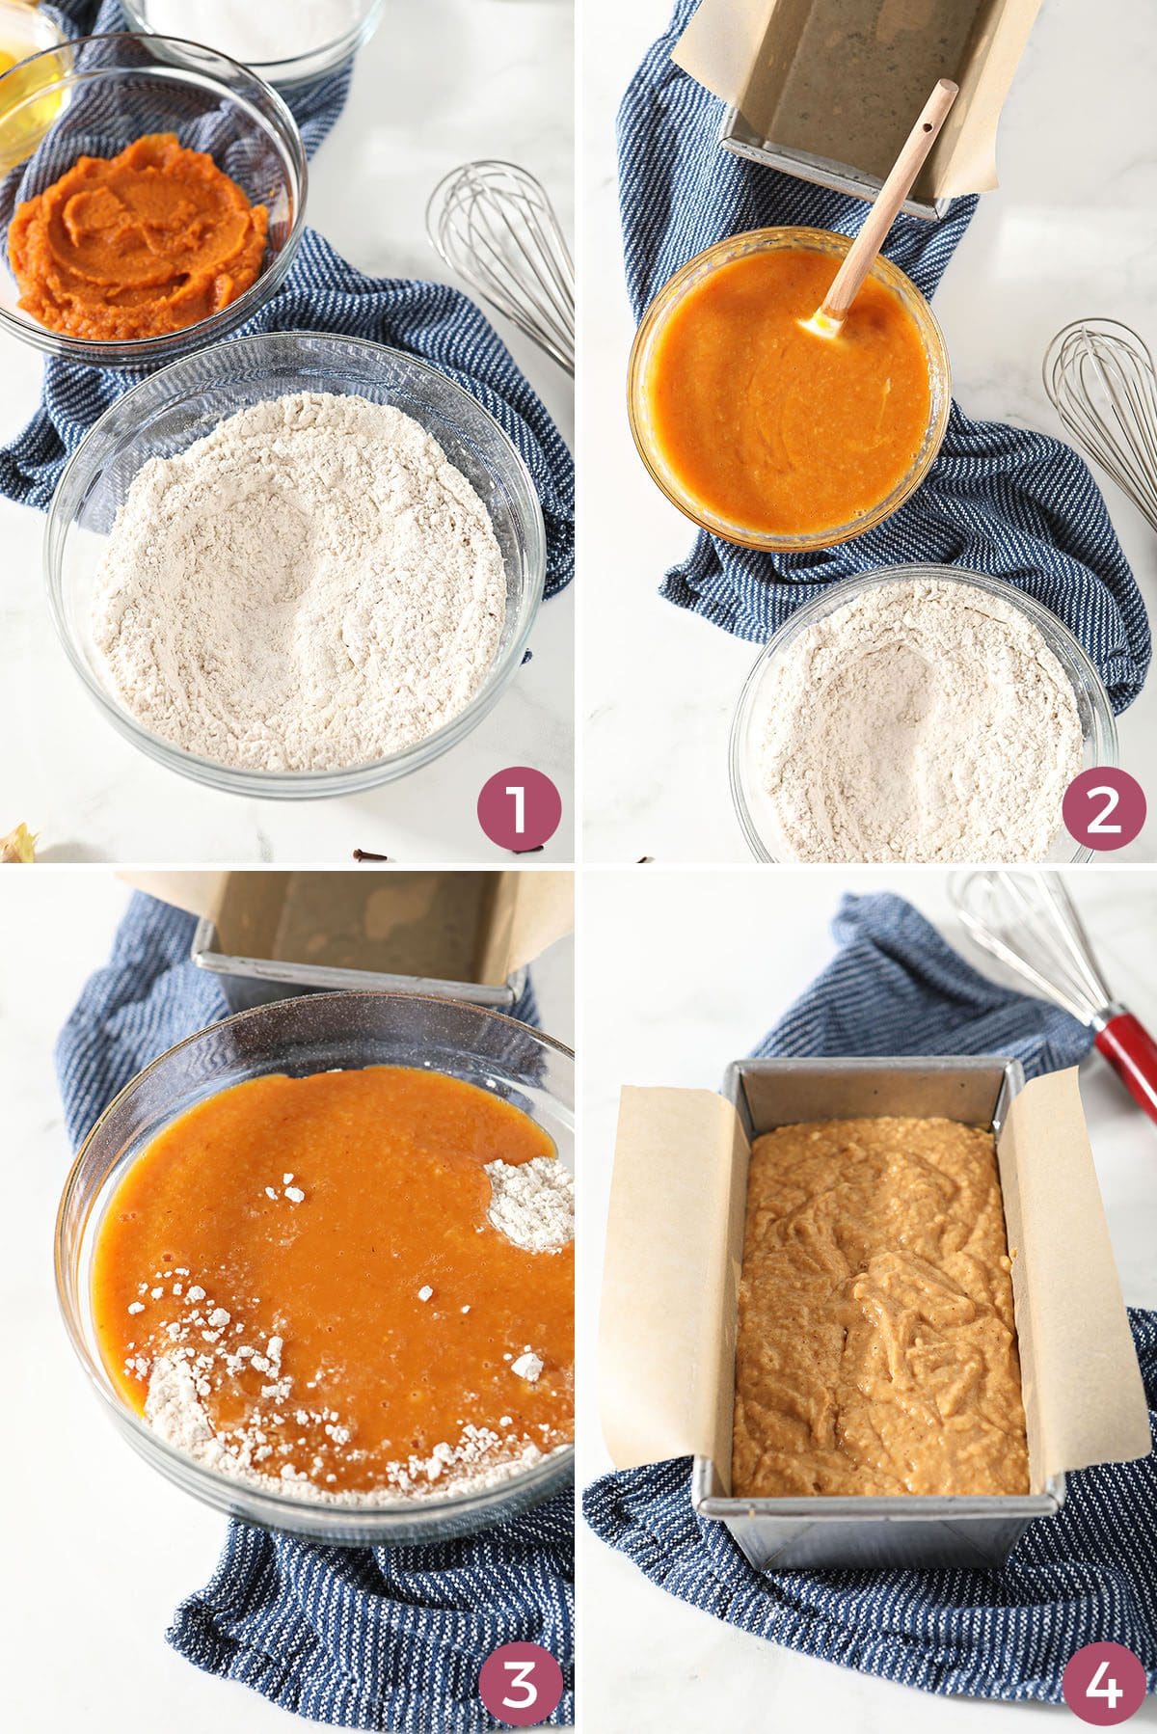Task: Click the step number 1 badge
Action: tap(518, 808)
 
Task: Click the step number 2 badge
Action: tap(1102, 808)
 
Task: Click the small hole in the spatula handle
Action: tap(929, 126)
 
